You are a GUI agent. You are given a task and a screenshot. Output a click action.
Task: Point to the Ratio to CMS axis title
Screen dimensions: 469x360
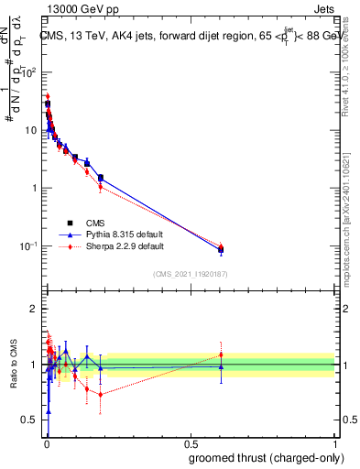click(x=13, y=365)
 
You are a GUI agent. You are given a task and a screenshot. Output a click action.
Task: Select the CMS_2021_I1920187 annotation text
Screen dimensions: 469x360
click(x=191, y=273)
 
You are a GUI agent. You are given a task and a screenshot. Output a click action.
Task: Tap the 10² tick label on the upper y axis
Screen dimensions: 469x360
click(x=30, y=72)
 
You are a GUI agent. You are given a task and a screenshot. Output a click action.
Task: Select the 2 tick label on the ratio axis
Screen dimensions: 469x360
click(x=35, y=309)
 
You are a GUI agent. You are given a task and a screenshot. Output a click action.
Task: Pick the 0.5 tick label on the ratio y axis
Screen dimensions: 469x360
click(x=30, y=420)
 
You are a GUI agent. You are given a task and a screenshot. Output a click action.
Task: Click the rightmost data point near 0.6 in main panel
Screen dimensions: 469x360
click(x=220, y=249)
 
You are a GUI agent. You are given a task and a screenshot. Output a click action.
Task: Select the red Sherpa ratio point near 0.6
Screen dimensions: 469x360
click(x=220, y=354)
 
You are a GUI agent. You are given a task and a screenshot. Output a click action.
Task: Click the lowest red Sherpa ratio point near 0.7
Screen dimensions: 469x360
click(x=100, y=395)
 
